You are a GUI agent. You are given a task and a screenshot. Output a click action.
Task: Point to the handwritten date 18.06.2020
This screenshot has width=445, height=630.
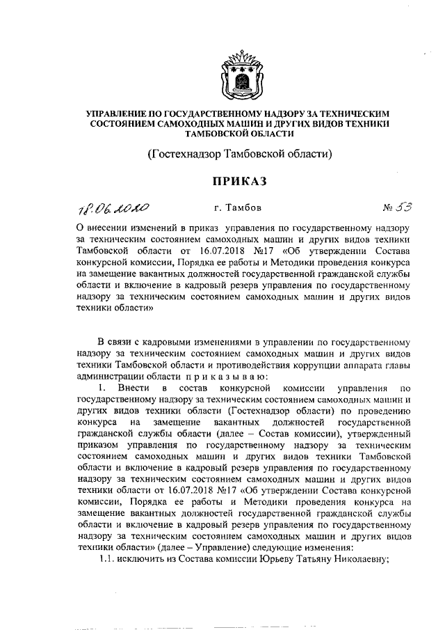pyautogui.click(x=115, y=207)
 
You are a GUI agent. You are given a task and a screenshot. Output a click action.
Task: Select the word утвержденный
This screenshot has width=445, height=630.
pyautogui.click(x=381, y=432)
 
